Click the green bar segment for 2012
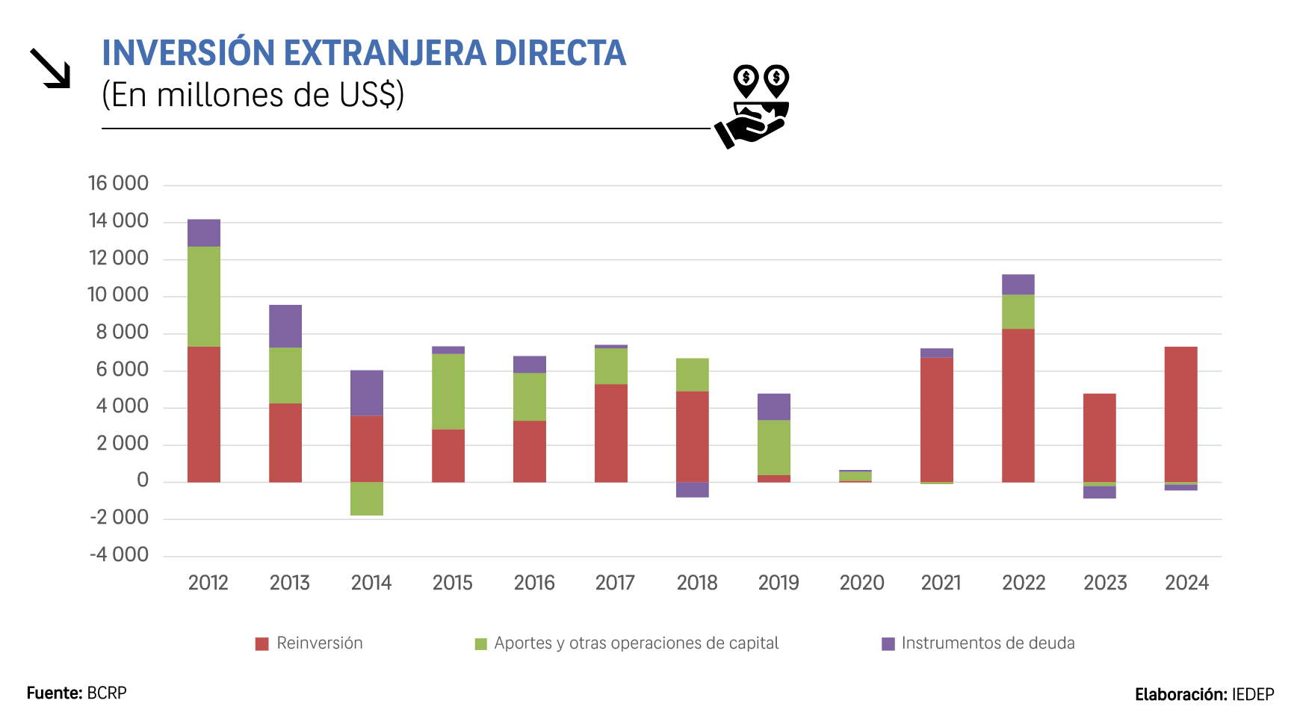point(203,296)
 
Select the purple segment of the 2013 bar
point(285,326)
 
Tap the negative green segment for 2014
point(366,498)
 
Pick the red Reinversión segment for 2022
point(1018,405)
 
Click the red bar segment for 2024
point(1180,414)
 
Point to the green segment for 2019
point(773,448)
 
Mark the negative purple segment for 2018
point(692,489)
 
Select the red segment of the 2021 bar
point(936,419)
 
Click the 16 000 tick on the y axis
point(118,183)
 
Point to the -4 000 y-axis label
point(119,554)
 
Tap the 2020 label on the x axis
point(861,583)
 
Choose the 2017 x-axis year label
point(615,583)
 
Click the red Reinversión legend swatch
point(261,644)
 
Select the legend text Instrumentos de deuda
point(988,643)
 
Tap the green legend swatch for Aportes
point(481,644)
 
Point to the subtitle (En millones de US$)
point(253,95)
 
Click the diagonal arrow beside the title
point(50,68)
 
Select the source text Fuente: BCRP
point(76,693)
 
